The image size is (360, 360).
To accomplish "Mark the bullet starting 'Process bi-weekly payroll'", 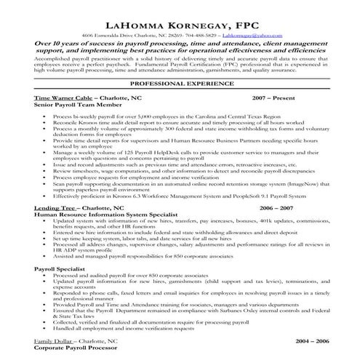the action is click(x=145, y=116).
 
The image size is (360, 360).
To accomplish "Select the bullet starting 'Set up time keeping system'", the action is click(x=145, y=238).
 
